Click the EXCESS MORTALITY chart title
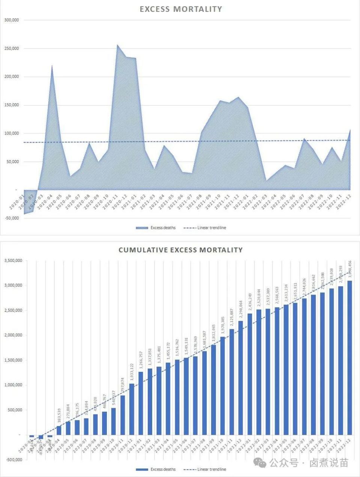[x=181, y=9]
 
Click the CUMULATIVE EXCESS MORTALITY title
[x=180, y=250]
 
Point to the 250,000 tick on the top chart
[x=12, y=48]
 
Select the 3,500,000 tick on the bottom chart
[x=13, y=260]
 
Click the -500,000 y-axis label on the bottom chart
[x=13, y=459]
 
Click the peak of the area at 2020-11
[x=117, y=45]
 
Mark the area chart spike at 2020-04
[x=52, y=66]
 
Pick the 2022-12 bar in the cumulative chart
[x=349, y=357]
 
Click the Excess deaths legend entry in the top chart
[x=156, y=228]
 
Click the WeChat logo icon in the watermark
[x=260, y=463]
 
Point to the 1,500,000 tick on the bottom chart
[x=13, y=360]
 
